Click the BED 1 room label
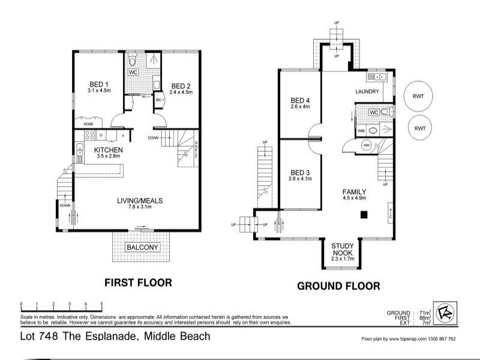click(x=98, y=83)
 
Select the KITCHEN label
click(x=109, y=149)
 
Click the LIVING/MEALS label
click(x=140, y=200)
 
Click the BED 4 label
click(x=300, y=100)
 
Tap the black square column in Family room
click(x=363, y=214)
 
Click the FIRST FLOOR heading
click(x=138, y=282)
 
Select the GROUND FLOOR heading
click(x=338, y=286)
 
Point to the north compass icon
click(x=445, y=313)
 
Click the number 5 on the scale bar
click(x=102, y=304)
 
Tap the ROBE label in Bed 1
click(x=88, y=124)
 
